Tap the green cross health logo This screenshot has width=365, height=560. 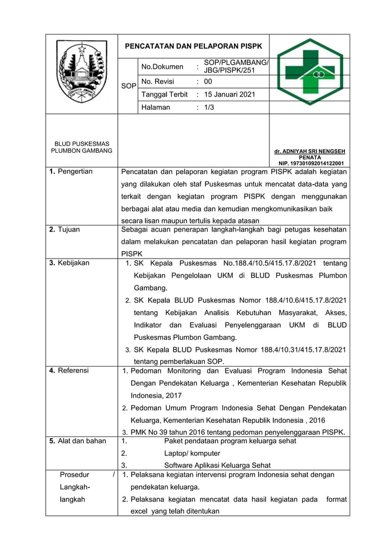pos(310,72)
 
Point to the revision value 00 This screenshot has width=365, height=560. pos(208,81)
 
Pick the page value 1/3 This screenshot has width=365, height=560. pos(209,107)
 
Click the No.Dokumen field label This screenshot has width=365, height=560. pos(162,67)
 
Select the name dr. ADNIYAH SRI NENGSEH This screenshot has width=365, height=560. pos(310,152)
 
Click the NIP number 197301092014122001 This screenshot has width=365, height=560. pos(310,163)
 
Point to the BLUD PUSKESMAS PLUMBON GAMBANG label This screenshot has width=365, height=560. pos(82,147)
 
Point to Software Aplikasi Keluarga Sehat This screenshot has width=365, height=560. pos(217,465)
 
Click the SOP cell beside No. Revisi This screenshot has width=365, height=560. pos(128,86)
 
